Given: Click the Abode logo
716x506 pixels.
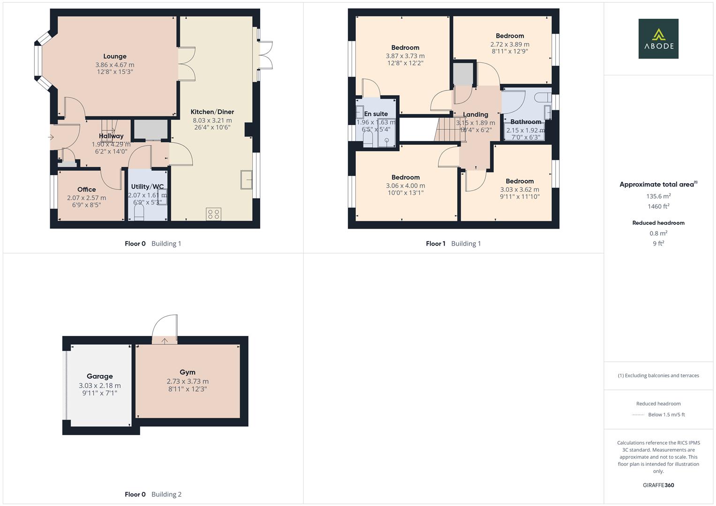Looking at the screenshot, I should point(658,39).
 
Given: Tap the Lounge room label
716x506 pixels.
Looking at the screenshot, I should point(115,56).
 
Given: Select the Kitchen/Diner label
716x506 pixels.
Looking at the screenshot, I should point(212,112).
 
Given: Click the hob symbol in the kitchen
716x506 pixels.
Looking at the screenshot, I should point(213,214).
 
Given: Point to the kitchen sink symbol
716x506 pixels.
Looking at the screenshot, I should point(246,179).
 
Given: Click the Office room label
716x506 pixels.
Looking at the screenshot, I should point(86,189).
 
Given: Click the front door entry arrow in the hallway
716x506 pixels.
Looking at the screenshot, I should point(51,137).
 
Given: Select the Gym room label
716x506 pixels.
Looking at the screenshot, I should point(187,372).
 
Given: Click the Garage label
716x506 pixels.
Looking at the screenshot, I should point(99,376).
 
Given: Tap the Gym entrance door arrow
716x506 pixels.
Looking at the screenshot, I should point(165,341).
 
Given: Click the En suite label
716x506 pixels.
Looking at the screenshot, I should point(376,114).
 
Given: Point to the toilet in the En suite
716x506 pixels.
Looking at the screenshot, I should point(368,139).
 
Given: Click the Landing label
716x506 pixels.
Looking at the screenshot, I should point(475,114).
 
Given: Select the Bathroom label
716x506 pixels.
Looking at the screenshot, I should point(526,122).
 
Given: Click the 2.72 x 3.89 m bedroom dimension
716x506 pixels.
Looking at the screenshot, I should point(510,45).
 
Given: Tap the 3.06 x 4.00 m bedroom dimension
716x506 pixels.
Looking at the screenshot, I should point(405,186).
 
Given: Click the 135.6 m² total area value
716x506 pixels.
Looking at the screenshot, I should point(658,196).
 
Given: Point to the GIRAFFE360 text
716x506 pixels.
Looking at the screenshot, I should point(658,485).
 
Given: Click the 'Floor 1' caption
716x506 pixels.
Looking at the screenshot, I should point(435,244).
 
